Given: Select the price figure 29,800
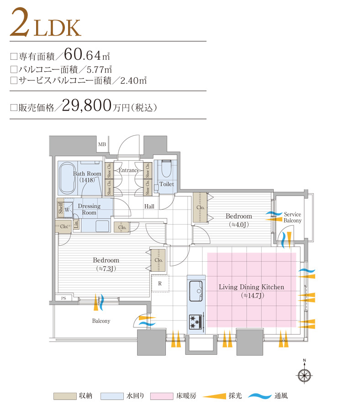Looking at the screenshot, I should coord(86,106).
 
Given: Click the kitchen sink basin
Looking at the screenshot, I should coord(196,289).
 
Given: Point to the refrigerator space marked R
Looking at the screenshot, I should coord(160,283).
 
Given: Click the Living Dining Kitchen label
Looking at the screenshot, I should coord(251,287).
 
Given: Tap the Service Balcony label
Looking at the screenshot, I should coord(292,217).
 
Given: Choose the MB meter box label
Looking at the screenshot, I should coord(101,145).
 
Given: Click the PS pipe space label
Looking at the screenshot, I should coord(63,298).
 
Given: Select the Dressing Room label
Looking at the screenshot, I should coord(89,209).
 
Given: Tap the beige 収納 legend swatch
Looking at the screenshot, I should coord(64,396).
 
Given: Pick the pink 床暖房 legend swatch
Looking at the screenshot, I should coord(162,396).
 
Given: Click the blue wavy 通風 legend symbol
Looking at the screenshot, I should coord(260,396).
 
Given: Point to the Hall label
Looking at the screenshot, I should coord(149,206).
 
